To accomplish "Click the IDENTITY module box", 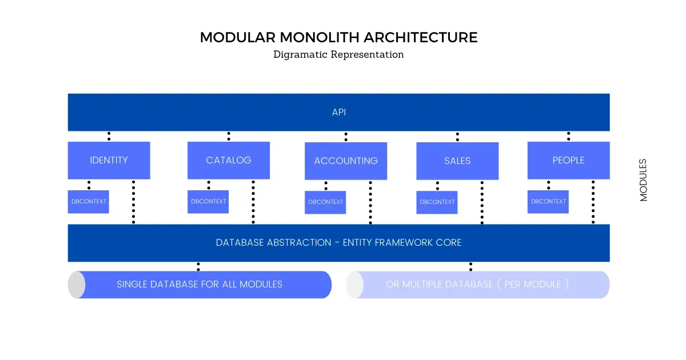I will point(109,161).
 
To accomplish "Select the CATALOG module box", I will point(229,161).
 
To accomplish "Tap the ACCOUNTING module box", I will point(346,161).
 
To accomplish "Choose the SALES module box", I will point(457,161).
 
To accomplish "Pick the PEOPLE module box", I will point(568,161).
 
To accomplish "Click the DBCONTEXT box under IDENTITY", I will point(89,202).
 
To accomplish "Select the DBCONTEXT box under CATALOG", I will point(208,202).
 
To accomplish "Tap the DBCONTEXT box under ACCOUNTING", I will point(325,202).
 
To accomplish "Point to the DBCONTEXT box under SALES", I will point(437,202).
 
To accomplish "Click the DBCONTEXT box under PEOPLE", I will point(548,202).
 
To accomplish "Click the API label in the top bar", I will point(339,113).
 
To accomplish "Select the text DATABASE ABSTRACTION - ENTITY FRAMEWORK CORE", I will point(338,243).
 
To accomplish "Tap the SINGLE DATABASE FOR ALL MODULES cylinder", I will point(200,285).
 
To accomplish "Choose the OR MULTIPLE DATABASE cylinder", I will point(477,285).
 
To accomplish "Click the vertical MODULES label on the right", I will point(644,180).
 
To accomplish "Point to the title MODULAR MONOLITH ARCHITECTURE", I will point(338,38).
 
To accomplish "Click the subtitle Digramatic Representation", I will point(338,55).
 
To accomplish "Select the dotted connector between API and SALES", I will point(457,137).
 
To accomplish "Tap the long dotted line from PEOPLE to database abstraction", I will point(593,202).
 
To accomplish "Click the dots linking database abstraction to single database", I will point(198,266).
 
